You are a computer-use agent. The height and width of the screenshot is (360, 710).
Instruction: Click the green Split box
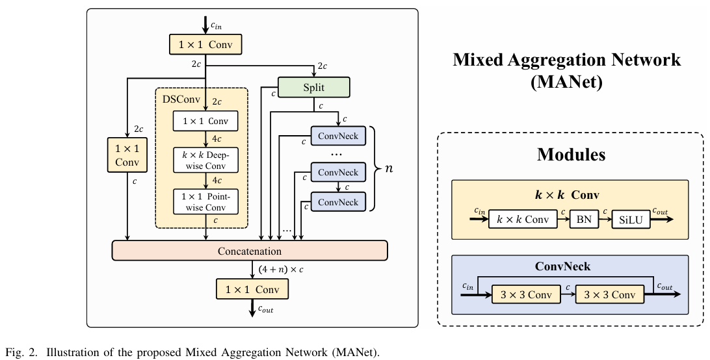coord(313,87)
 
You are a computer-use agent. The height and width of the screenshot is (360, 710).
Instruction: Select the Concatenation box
coord(250,251)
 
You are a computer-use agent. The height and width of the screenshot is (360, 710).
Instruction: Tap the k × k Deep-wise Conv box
coord(206,160)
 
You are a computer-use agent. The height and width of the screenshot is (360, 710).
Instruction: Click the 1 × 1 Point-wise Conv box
coord(206,201)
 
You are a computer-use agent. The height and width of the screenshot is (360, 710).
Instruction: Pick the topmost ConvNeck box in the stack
coord(338,136)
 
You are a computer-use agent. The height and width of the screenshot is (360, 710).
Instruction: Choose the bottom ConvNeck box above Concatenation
coord(338,202)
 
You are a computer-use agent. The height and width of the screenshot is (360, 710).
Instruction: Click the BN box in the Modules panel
coord(584,219)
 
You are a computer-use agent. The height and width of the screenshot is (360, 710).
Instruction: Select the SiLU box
coord(631,220)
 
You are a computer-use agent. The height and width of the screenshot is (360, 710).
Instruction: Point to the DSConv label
coord(181,99)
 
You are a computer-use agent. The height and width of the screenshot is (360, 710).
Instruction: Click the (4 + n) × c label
coord(281,270)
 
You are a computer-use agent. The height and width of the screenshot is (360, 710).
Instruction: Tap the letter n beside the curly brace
coord(389,168)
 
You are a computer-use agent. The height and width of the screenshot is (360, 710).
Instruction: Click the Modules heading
coord(571,155)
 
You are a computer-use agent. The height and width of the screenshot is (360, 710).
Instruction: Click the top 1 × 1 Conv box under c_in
coord(205,45)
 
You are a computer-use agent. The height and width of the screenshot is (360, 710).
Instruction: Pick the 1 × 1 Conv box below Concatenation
coord(252,289)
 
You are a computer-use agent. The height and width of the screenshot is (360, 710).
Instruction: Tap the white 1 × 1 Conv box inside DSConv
coord(206,121)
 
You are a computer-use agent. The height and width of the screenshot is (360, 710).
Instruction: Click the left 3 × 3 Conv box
coord(526,295)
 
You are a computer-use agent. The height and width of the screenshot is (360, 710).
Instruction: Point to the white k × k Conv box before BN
coord(523,219)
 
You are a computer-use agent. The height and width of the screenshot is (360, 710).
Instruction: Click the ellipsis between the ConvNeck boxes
coord(336,155)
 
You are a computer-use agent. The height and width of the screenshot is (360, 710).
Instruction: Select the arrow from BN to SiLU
coord(605,219)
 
